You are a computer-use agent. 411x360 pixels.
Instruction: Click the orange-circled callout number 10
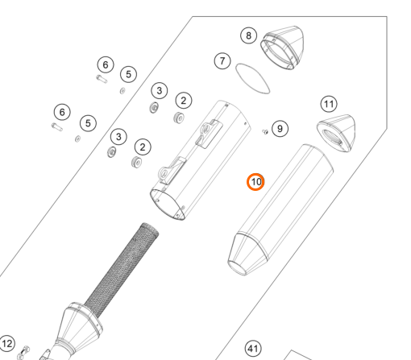point(255,182)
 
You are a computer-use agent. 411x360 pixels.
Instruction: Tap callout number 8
point(248,35)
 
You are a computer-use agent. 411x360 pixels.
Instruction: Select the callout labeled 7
point(222,61)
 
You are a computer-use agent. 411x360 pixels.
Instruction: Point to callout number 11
point(329,104)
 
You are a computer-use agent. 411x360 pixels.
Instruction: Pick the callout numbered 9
point(280,129)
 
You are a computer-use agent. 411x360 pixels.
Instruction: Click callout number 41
point(253,349)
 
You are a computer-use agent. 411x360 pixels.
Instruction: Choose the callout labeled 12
point(7,343)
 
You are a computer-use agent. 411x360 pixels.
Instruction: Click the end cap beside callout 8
point(283,48)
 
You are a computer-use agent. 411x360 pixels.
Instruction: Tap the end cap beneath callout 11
point(336,134)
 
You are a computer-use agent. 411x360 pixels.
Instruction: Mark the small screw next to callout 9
point(265,131)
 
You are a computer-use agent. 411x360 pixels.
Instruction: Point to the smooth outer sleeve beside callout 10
point(280,210)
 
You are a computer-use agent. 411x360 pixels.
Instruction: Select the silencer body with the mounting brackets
point(201,160)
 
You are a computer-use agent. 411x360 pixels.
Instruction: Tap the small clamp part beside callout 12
point(23,353)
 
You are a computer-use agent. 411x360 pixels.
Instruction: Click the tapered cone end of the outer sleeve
point(247,254)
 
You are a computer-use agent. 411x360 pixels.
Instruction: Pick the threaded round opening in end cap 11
point(332,138)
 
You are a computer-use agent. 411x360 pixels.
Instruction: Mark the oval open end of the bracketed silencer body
point(168,205)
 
